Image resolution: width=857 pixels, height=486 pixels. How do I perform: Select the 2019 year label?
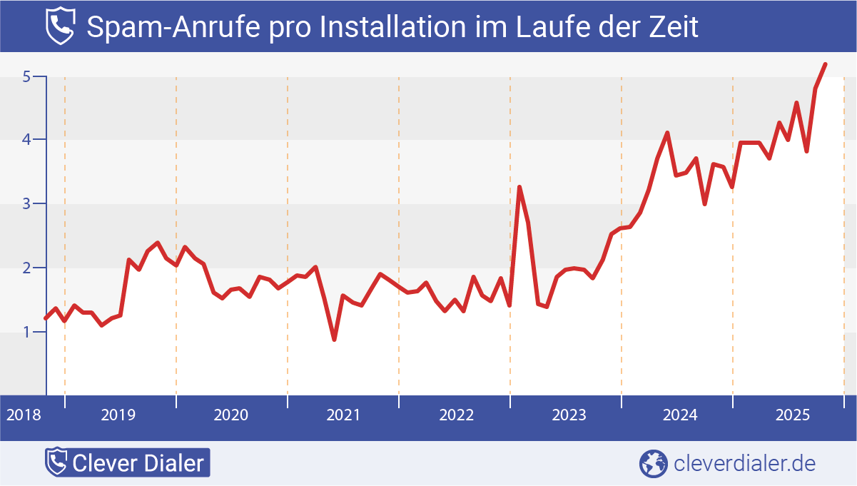click(119, 415)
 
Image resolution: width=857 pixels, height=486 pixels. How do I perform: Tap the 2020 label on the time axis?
click(231, 415)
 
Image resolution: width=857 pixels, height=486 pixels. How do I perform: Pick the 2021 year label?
click(343, 415)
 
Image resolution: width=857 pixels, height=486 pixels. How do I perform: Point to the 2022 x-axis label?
click(455, 415)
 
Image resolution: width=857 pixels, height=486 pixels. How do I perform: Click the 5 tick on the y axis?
click(26, 76)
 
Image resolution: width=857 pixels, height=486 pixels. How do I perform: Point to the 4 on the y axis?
click(26, 140)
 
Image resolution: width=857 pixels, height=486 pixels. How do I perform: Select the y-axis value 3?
click(26, 204)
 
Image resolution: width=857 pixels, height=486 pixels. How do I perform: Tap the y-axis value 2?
click(26, 268)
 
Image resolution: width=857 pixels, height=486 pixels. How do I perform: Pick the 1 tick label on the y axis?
click(26, 333)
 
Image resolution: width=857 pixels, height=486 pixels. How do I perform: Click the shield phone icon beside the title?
click(59, 26)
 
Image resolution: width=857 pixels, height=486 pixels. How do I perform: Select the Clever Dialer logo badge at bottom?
click(127, 463)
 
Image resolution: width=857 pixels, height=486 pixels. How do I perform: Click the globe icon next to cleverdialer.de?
click(652, 463)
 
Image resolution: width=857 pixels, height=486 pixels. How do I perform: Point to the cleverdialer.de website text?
click(744, 463)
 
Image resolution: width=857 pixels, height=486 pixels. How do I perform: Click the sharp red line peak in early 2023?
click(519, 188)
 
